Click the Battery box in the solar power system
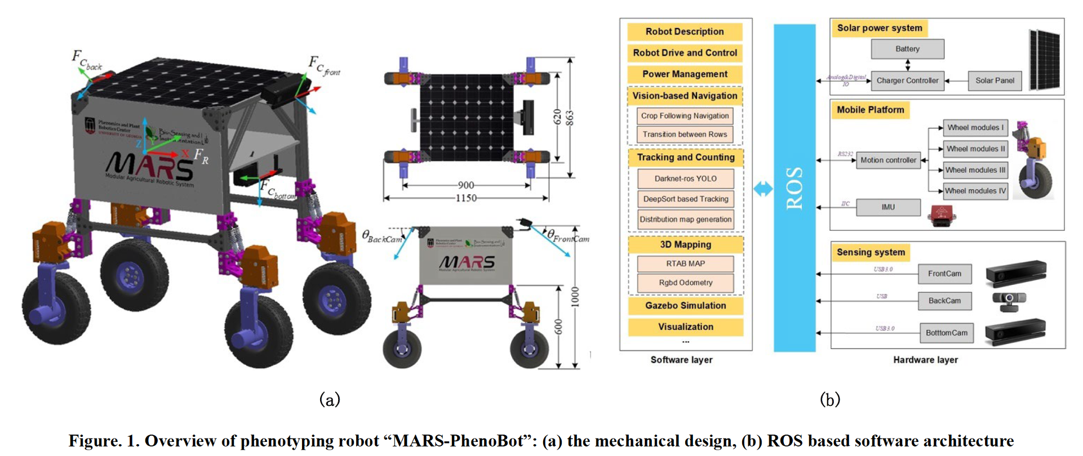(907, 49)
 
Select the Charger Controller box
(907, 81)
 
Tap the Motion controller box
(888, 160)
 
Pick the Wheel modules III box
(975, 170)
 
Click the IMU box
(888, 207)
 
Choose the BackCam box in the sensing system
(944, 301)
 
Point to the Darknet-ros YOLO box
(686, 178)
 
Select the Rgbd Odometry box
(686, 283)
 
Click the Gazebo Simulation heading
(686, 306)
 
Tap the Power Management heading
(685, 74)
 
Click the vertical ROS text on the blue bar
(795, 188)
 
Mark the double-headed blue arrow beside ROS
(763, 189)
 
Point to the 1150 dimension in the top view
(466, 198)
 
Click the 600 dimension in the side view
(558, 327)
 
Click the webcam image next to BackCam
(1009, 300)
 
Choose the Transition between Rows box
(685, 135)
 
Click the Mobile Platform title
(870, 110)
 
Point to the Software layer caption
(681, 360)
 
